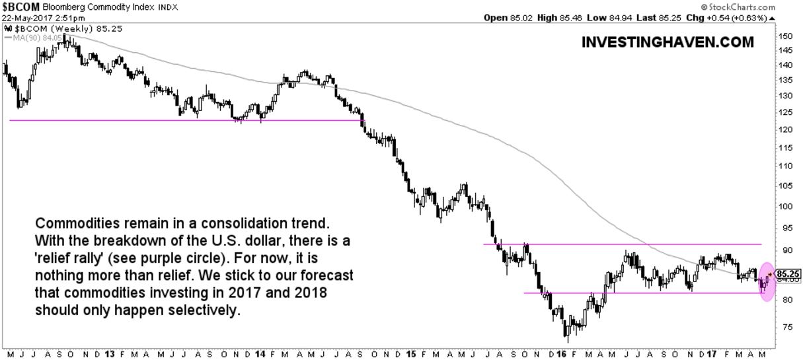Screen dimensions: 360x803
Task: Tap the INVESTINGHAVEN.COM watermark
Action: (x=668, y=42)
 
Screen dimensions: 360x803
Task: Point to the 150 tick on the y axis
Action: (x=784, y=36)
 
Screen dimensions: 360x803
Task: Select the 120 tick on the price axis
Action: (x=784, y=129)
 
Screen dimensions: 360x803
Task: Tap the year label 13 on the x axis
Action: (x=107, y=354)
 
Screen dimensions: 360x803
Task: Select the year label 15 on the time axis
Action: (x=411, y=354)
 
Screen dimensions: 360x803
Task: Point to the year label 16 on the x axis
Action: (x=562, y=354)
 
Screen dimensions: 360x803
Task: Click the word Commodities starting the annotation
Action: (x=70, y=223)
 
